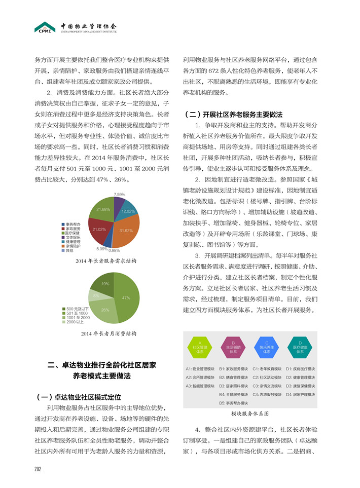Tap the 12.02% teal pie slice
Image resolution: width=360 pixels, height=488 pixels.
click(x=127, y=210)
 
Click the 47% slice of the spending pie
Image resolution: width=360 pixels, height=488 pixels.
click(x=127, y=299)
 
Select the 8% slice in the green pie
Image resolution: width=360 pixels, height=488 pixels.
click(x=96, y=295)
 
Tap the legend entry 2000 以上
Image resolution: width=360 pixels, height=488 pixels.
click(x=75, y=322)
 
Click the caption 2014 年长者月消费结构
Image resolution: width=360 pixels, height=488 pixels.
click(x=109, y=334)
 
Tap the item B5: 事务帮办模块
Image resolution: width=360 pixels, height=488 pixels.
click(x=234, y=403)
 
